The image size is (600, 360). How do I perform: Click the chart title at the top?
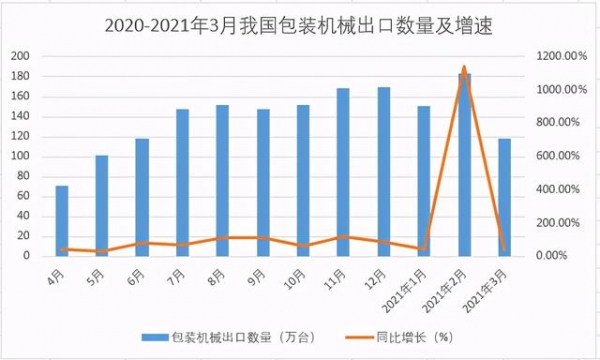[x=299, y=21]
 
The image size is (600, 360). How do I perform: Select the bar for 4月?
[x=62, y=221]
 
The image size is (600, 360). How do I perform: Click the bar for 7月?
[x=182, y=183]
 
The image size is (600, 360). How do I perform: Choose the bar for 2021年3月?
[x=504, y=197]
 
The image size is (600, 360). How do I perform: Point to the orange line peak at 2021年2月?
[x=464, y=68]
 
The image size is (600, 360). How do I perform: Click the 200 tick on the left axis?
[x=21, y=56]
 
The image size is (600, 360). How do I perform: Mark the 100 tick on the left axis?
[x=21, y=156]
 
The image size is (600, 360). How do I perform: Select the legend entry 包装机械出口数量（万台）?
[x=229, y=336]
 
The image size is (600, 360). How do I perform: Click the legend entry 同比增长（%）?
[x=393, y=336]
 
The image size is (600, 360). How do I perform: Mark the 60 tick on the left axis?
[x=24, y=196]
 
